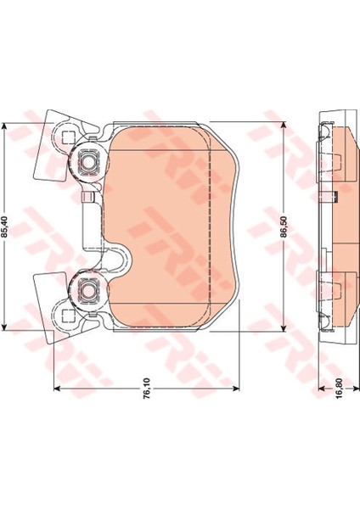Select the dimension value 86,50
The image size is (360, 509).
coord(284,227)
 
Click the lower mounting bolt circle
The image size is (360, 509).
coord(87,291)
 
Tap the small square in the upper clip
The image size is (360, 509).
coord(68,138)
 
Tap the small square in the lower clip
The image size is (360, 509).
coord(67,315)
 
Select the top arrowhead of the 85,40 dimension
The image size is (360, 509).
coord(4,126)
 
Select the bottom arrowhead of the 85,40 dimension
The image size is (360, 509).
coord(4,327)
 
